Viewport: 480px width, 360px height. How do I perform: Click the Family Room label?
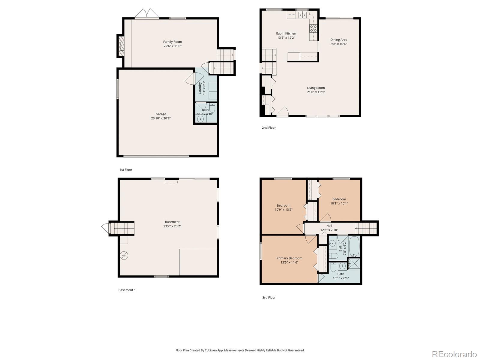[x=172, y=42]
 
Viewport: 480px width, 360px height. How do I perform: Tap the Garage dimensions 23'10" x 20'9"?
[x=161, y=118]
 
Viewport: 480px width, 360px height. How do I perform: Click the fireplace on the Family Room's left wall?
[x=121, y=46]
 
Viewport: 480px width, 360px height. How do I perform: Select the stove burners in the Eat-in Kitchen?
[x=313, y=28]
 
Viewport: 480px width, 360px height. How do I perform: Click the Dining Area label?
[x=339, y=40]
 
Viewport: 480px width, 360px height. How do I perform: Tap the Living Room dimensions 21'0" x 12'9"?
[x=316, y=92]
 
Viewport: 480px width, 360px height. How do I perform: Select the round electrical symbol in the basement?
[x=124, y=256]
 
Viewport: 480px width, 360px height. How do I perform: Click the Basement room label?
[x=172, y=222]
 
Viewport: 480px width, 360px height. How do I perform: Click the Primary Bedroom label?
[x=289, y=258]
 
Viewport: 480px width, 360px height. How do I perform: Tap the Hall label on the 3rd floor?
[x=329, y=226]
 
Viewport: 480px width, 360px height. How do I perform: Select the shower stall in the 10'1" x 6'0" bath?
[x=354, y=264]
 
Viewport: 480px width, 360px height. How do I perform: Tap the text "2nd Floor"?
[x=268, y=127]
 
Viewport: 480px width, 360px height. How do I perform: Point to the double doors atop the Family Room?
[x=146, y=14]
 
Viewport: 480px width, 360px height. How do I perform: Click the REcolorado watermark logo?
[x=454, y=354]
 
